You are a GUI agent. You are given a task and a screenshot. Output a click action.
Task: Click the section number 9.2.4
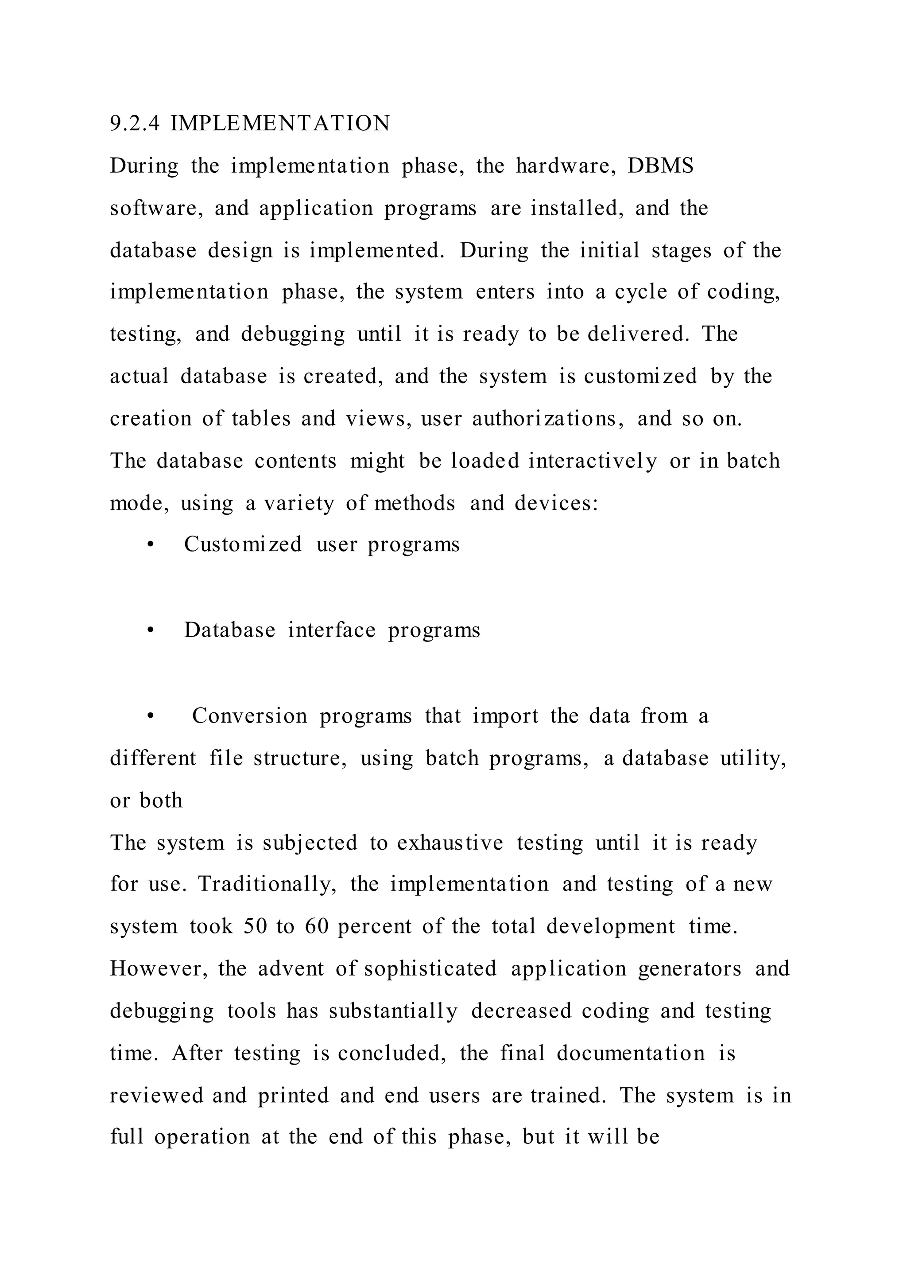coord(135,124)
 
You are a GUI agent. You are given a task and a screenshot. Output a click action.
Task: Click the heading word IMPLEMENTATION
coord(280,124)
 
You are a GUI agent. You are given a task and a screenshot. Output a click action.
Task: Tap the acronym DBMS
coord(660,166)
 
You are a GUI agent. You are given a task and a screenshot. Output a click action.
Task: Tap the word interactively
coord(593,461)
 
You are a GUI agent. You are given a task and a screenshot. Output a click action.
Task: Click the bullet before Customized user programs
coord(150,545)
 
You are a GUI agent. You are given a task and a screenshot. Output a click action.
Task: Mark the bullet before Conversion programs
coord(150,717)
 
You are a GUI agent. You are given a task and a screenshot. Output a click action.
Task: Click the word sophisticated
coord(430,969)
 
